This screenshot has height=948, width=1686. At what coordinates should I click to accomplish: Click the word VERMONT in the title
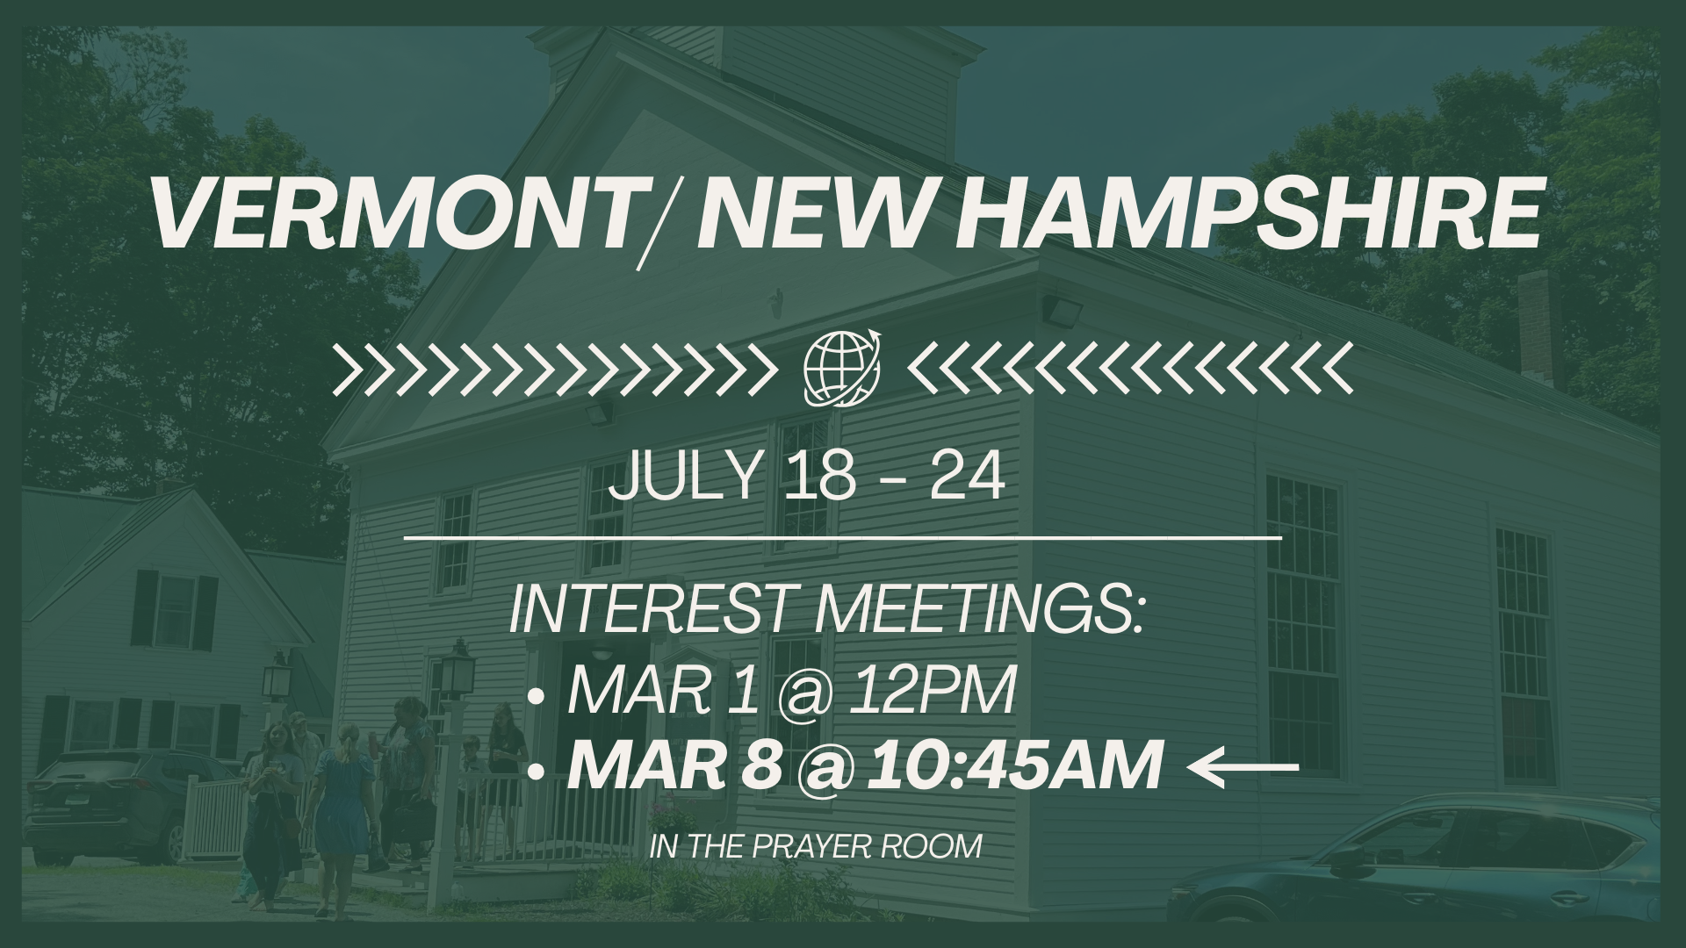pyautogui.click(x=391, y=213)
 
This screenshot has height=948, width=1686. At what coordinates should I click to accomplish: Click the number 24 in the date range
pyautogui.click(x=966, y=478)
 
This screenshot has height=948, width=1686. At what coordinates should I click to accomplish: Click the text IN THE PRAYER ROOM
pyautogui.click(x=817, y=847)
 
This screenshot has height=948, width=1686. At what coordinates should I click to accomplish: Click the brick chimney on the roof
pyautogui.click(x=1534, y=329)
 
